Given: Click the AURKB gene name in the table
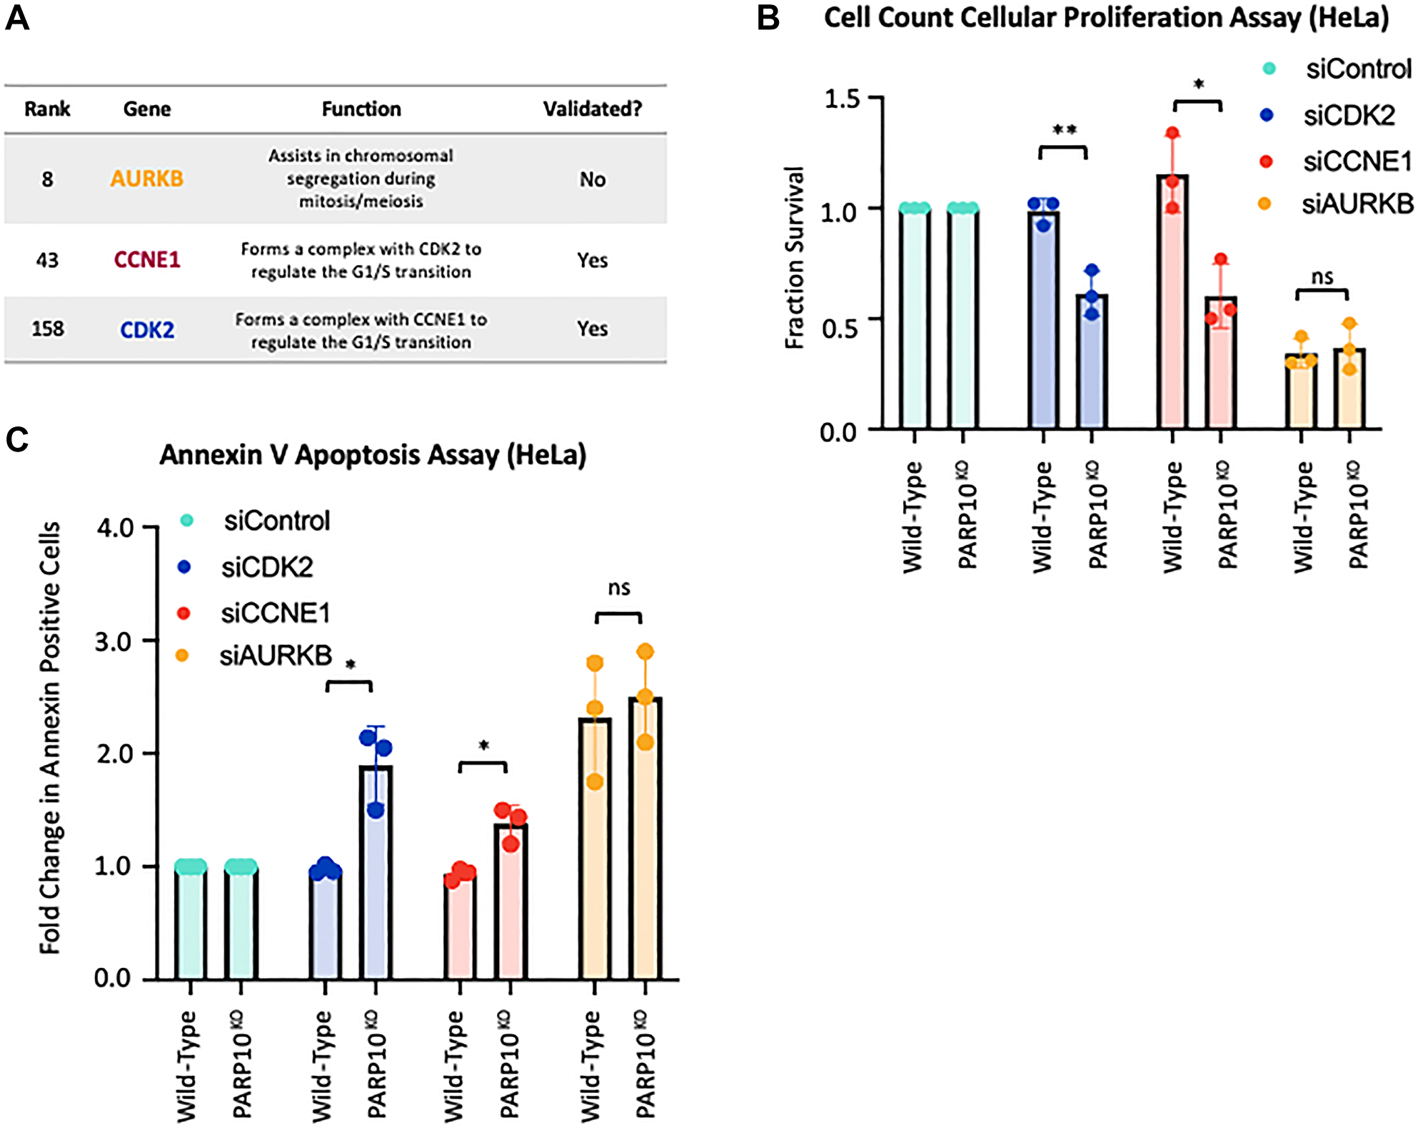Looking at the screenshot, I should (x=146, y=178).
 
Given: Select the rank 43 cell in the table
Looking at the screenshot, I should (x=47, y=260).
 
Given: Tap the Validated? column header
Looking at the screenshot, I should (x=592, y=109).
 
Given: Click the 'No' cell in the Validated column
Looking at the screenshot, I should (x=592, y=179).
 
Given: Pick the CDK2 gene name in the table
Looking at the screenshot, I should (x=146, y=330).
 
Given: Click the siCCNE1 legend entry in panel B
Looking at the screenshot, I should (x=1357, y=162).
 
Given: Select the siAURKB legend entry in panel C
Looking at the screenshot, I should (x=275, y=655).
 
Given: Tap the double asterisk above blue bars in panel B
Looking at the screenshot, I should (x=1064, y=131).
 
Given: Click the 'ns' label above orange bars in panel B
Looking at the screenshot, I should (x=1322, y=277).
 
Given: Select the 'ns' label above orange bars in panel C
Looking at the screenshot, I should (x=619, y=588).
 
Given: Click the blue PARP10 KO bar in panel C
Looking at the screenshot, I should (x=376, y=871).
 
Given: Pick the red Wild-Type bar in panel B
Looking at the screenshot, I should (x=1172, y=300).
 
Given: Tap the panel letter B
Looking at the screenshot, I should (x=768, y=17).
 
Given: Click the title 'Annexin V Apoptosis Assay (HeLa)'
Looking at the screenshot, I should (x=373, y=455).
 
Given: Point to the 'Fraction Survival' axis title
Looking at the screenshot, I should (x=795, y=257).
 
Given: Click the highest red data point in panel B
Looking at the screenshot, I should (x=1172, y=133).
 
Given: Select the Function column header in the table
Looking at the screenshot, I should (x=361, y=109).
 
